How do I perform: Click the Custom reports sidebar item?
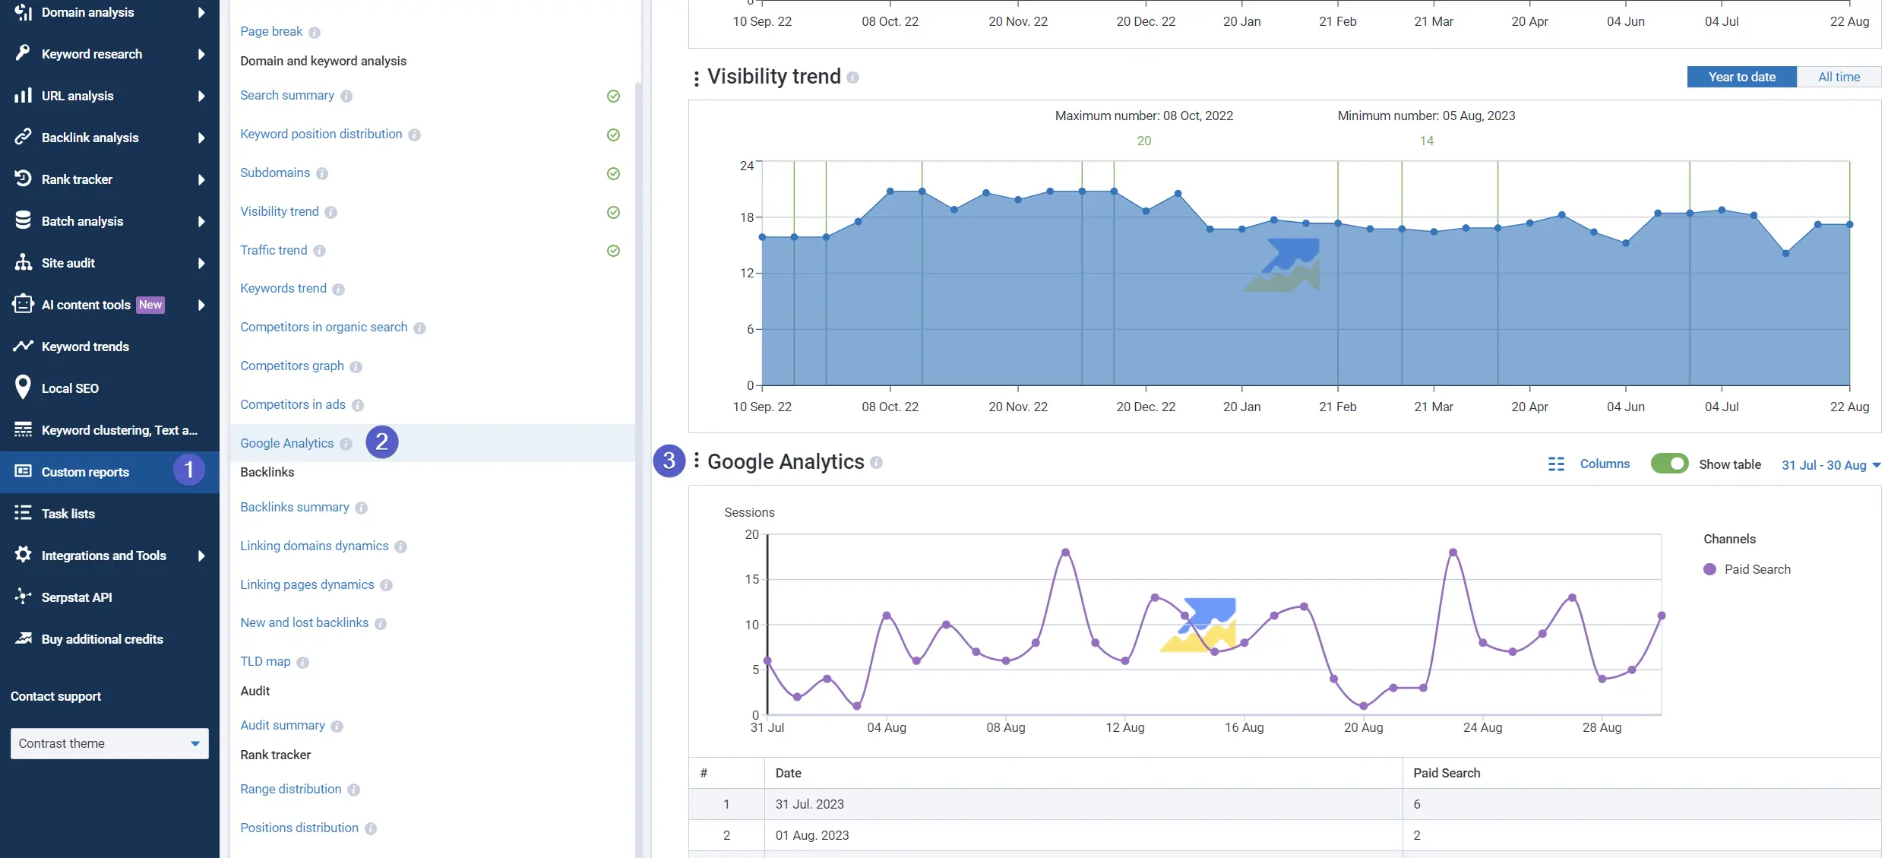85,472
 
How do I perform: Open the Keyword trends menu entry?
85,347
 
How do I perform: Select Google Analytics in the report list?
286,443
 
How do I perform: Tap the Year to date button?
1741,77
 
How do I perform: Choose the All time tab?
1839,77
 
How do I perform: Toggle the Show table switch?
1669,464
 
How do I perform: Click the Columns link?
1604,464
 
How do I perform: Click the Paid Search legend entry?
1757,569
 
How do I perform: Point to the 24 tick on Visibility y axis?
747,166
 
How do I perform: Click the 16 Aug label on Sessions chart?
1244,727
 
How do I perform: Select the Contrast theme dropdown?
109,743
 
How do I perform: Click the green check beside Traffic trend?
613,251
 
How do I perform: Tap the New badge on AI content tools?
150,305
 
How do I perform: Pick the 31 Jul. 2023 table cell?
809,804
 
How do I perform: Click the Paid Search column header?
1447,773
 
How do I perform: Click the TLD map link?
265,661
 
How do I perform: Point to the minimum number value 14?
1426,141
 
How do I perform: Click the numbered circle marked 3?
669,461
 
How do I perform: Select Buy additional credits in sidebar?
102,639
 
